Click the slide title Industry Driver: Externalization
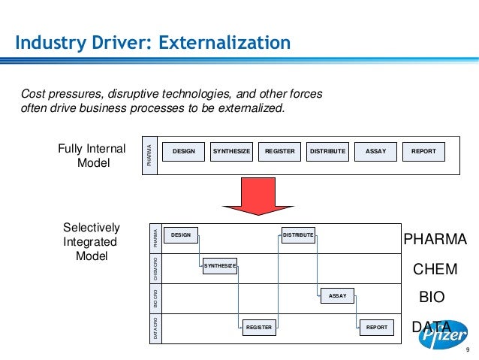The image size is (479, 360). [x=153, y=42]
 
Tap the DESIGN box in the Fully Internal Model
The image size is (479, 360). [x=183, y=152]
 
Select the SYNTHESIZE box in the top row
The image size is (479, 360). [x=231, y=152]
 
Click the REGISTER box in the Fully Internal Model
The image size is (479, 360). [x=279, y=152]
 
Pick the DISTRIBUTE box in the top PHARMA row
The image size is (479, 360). [x=327, y=152]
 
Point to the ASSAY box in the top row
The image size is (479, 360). [x=375, y=152]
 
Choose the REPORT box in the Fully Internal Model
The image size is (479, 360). [x=423, y=152]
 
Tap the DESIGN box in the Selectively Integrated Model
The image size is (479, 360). [x=181, y=235]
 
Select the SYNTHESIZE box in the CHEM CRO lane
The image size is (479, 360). [x=220, y=266]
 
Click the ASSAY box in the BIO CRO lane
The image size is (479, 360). [x=338, y=296]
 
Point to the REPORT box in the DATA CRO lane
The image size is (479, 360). [x=376, y=327]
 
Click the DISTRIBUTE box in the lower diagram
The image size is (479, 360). [x=298, y=235]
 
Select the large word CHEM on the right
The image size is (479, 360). [x=435, y=269]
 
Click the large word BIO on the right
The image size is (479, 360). [x=432, y=298]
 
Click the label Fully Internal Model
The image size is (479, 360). [x=92, y=155]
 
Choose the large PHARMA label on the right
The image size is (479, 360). [x=435, y=239]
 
